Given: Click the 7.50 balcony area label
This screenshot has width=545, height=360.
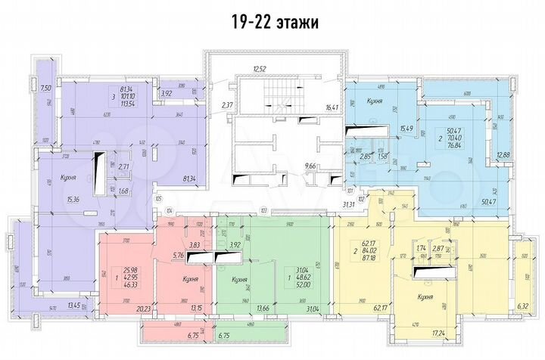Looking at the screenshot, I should point(45,88).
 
